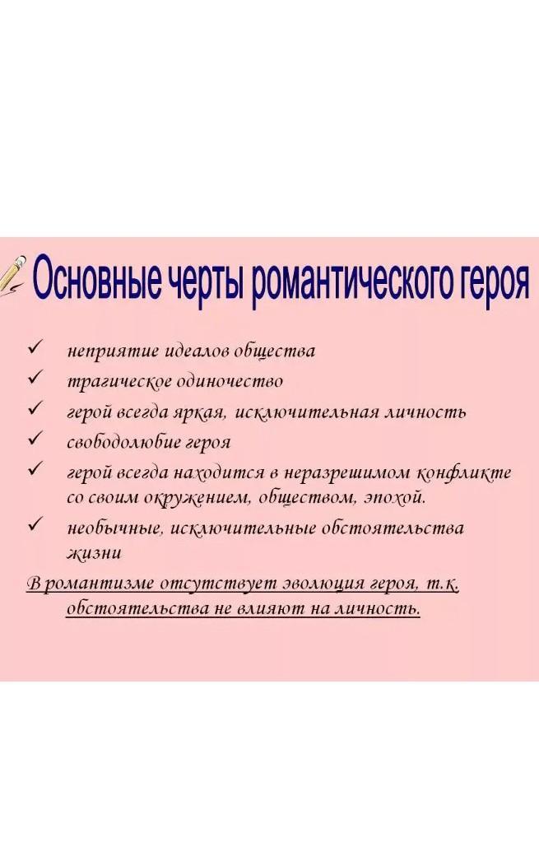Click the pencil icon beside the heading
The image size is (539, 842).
(x=13, y=276)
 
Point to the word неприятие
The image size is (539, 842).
(x=113, y=351)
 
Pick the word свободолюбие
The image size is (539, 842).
(x=124, y=442)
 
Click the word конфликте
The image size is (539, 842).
(x=463, y=472)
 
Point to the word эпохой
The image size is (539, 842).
(x=394, y=497)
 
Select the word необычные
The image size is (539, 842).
(x=114, y=528)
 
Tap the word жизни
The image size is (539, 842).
(x=94, y=552)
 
